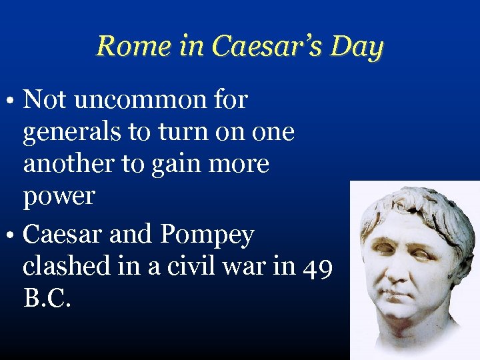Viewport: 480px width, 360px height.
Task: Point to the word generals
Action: (x=71, y=132)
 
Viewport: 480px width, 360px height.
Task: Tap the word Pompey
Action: (x=207, y=234)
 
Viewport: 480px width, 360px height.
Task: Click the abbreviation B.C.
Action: (x=47, y=298)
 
